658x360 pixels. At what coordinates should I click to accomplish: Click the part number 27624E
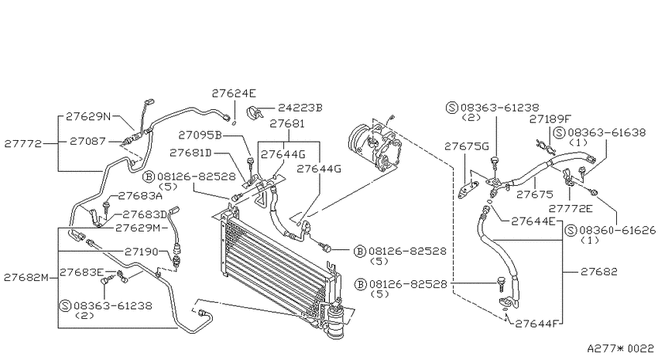pyautogui.click(x=234, y=93)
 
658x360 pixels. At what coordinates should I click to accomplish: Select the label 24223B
pyautogui.click(x=300, y=108)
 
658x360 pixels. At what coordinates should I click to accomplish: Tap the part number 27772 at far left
pyautogui.click(x=23, y=144)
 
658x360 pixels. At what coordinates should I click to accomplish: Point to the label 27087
pyautogui.click(x=87, y=142)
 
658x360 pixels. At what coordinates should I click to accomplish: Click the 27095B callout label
pyautogui.click(x=200, y=135)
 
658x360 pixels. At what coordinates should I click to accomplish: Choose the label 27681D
pyautogui.click(x=190, y=153)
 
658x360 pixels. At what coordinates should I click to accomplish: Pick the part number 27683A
pyautogui.click(x=140, y=196)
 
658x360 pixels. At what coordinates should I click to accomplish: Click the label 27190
pyautogui.click(x=142, y=252)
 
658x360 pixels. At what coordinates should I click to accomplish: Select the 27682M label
pyautogui.click(x=26, y=277)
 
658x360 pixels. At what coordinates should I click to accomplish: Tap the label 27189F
pyautogui.click(x=550, y=119)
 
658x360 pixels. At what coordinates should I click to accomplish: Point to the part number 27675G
pyautogui.click(x=467, y=146)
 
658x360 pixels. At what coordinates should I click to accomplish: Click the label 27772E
pyautogui.click(x=571, y=208)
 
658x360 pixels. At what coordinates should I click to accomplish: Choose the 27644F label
pyautogui.click(x=537, y=324)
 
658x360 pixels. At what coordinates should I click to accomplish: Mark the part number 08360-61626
pyautogui.click(x=617, y=231)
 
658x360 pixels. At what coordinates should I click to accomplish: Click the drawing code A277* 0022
pyautogui.click(x=620, y=348)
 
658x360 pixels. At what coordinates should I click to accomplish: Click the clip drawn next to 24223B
pyautogui.click(x=255, y=112)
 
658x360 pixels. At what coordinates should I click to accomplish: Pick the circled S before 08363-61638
pyautogui.click(x=559, y=133)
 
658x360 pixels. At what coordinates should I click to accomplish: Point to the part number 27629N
pyautogui.click(x=88, y=116)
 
